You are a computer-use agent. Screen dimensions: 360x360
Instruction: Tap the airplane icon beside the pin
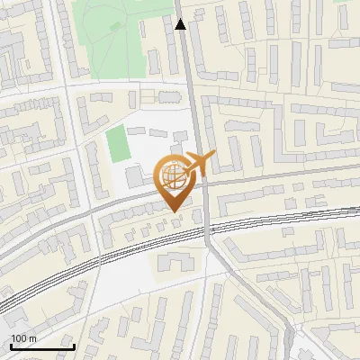click(198, 163)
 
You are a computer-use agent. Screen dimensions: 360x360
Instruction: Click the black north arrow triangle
click(181, 24)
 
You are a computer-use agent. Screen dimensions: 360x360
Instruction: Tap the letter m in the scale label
click(33, 338)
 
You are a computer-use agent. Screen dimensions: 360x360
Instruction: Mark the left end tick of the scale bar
click(11, 346)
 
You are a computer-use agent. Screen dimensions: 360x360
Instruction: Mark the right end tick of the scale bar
click(74, 346)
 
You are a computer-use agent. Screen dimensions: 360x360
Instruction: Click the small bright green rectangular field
click(116, 145)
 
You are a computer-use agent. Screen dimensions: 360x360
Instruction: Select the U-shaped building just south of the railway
click(175, 262)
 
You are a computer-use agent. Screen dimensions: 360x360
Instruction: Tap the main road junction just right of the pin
click(204, 180)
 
